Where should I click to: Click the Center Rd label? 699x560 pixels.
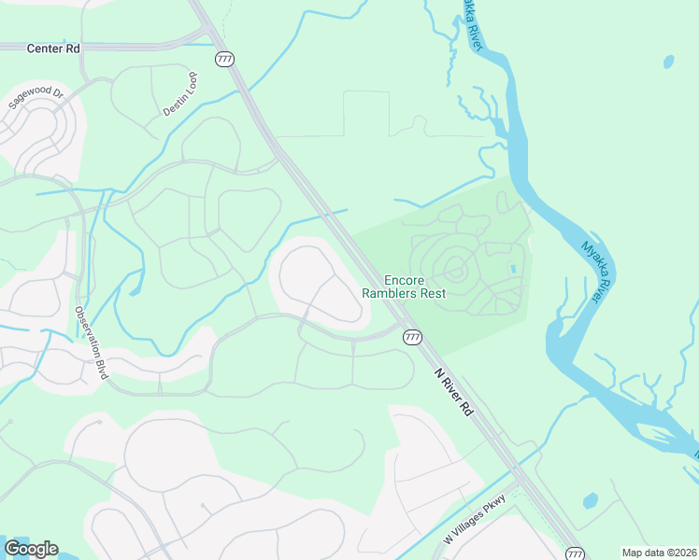pos(54,48)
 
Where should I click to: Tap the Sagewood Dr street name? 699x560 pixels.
pos(36,98)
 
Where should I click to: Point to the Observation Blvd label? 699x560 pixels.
pos(92,342)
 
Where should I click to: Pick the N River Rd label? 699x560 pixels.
pos(454,389)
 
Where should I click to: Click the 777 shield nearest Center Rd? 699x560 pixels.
pos(224,59)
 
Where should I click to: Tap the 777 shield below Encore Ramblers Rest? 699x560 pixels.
pos(412,337)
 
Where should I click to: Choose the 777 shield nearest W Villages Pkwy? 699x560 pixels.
pos(576,553)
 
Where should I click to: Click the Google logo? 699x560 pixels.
pos(31,549)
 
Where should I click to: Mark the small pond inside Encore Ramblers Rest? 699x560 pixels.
pos(511,269)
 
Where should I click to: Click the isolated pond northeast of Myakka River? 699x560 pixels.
pos(668,63)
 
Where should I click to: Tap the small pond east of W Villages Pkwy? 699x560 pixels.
pos(590,501)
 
